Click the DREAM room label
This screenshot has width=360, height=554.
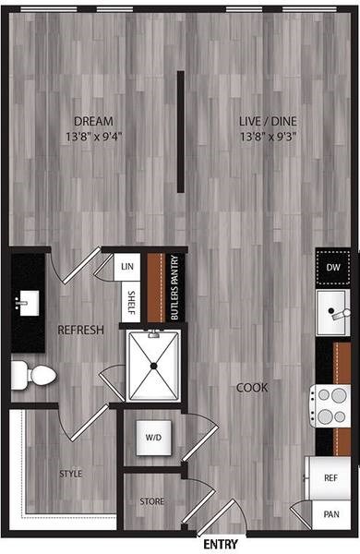point(93,121)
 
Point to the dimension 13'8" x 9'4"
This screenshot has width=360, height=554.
point(93,136)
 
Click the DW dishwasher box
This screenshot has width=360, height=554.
point(332,268)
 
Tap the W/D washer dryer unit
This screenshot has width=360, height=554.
point(151,437)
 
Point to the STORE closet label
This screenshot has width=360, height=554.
point(152,502)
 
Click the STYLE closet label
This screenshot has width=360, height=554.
point(71,474)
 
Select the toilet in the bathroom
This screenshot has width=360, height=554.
point(33,374)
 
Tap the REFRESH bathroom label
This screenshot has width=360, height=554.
point(80,330)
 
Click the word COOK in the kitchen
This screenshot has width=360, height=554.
point(252,387)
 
